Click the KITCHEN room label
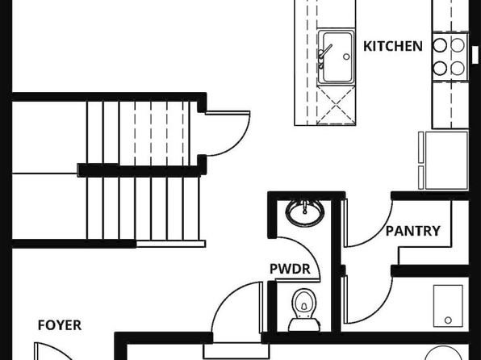393,46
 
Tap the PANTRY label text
412,231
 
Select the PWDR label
290,269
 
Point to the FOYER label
60,325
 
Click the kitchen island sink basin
337,57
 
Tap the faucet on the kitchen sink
324,55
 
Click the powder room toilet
304,310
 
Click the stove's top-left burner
440,45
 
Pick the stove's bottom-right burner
458,68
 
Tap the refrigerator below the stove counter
444,160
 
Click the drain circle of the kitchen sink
346,57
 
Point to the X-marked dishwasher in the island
336,105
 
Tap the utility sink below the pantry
448,306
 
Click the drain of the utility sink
448,320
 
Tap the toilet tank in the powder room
304,325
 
